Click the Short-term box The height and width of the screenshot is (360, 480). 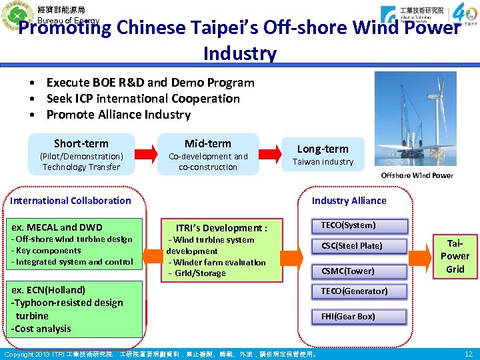click(81, 155)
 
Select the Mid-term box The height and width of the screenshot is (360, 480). click(208, 155)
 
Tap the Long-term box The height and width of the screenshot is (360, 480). click(322, 155)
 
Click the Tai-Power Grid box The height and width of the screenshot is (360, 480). click(455, 256)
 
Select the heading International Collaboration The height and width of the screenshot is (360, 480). click(71, 201)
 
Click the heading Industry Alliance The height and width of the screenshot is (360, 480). click(349, 201)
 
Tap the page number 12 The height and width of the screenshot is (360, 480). click(468, 353)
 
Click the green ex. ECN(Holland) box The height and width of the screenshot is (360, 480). click(77, 309)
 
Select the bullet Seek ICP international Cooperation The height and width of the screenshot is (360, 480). click(143, 99)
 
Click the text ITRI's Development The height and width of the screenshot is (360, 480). click(221, 228)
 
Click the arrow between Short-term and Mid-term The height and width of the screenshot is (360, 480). click(146, 155)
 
